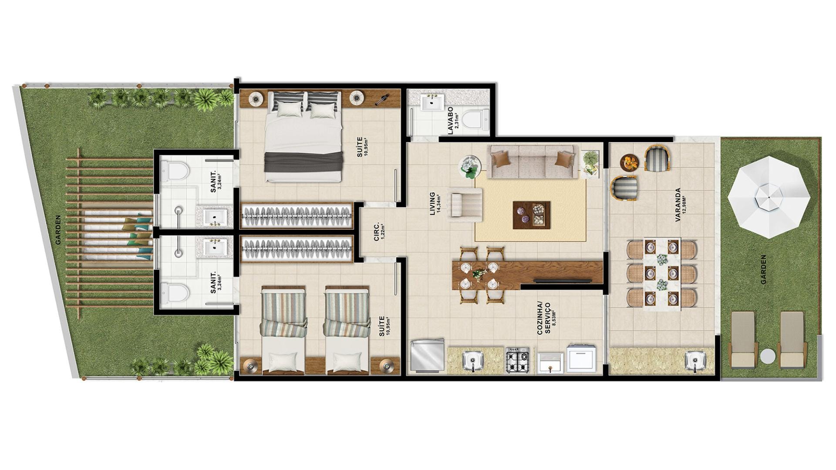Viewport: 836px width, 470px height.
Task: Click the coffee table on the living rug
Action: (x=532, y=215)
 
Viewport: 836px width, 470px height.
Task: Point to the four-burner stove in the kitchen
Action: (x=517, y=360)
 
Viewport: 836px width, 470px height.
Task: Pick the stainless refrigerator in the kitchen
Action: (x=427, y=356)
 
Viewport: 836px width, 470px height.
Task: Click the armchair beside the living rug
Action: (x=467, y=202)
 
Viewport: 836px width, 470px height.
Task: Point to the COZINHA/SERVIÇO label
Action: (x=547, y=319)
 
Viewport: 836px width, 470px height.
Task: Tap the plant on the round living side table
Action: (x=470, y=167)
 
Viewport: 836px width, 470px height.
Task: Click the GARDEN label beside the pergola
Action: (x=58, y=229)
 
